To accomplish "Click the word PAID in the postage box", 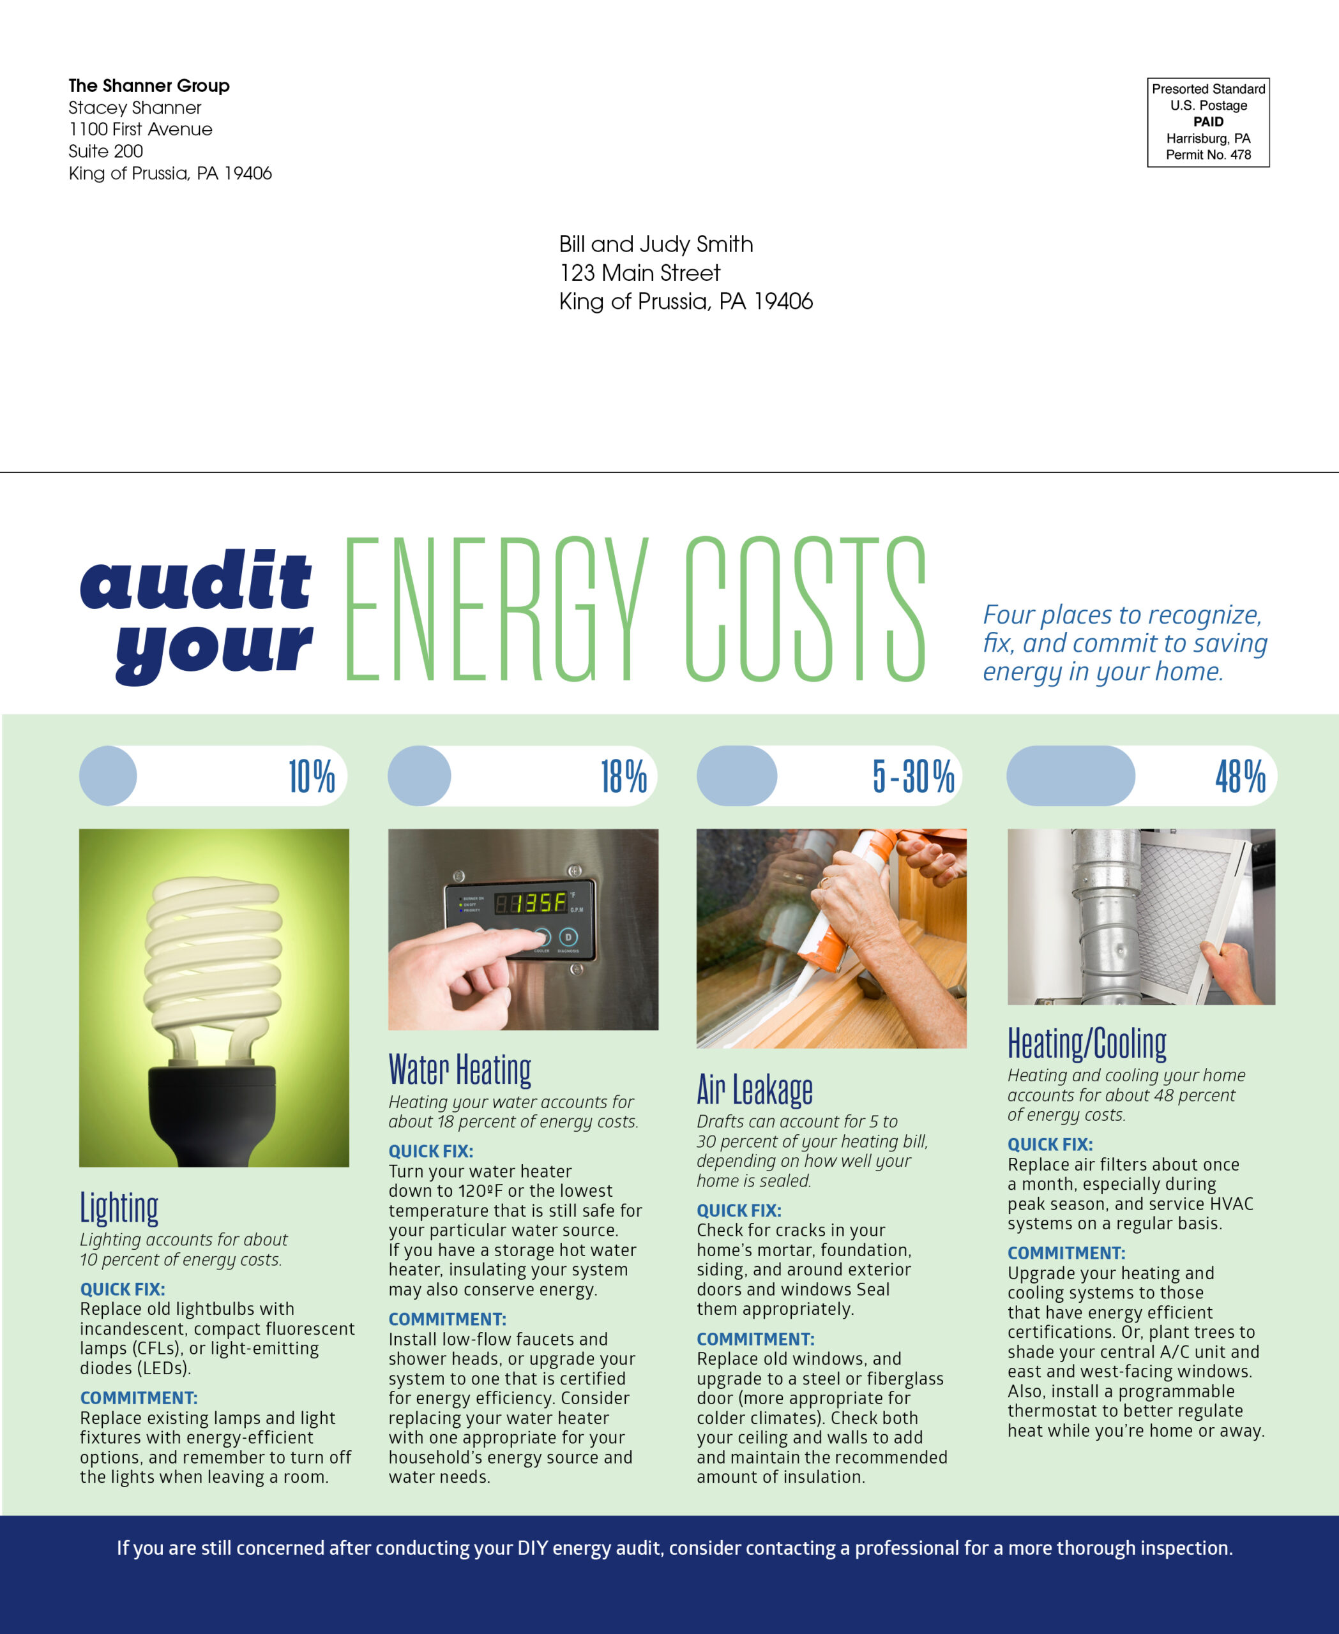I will pyautogui.click(x=1208, y=122).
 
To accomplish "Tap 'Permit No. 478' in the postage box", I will pyautogui.click(x=1208, y=155).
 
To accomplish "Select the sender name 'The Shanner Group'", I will pyautogui.click(x=149, y=86).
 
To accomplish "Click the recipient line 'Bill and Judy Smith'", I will pyautogui.click(x=656, y=244).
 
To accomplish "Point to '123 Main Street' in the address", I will pyautogui.click(x=639, y=273).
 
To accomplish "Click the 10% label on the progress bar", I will pyautogui.click(x=312, y=777).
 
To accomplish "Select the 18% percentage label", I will pyautogui.click(x=623, y=777).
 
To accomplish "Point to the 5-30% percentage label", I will pyautogui.click(x=913, y=777).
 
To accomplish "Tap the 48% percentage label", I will pyautogui.click(x=1240, y=777).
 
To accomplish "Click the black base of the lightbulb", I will pyautogui.click(x=211, y=1111).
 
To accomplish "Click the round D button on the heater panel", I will pyautogui.click(x=568, y=937).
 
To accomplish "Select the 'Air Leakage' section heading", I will pyautogui.click(x=754, y=1090).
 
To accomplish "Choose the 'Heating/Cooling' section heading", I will pyautogui.click(x=1087, y=1044).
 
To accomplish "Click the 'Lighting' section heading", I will pyautogui.click(x=119, y=1208).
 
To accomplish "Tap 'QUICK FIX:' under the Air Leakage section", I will pyautogui.click(x=739, y=1211).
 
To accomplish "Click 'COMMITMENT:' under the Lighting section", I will pyautogui.click(x=139, y=1398).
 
